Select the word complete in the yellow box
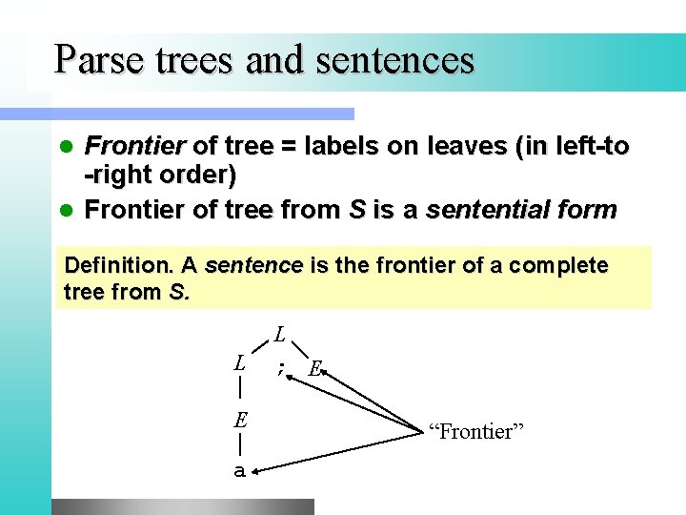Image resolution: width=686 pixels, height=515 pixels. tap(558, 265)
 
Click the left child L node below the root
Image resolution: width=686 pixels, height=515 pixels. tap(241, 363)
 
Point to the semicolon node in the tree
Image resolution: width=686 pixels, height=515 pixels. tap(280, 367)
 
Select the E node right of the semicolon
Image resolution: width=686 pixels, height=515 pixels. tap(315, 369)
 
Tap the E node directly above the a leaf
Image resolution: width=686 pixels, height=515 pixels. tap(241, 420)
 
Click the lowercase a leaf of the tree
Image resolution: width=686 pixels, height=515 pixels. tap(240, 470)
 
